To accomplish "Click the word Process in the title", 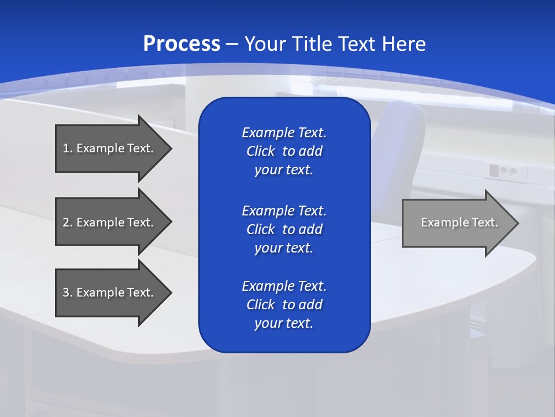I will pos(182,44).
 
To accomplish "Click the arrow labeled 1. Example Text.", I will pos(110,148).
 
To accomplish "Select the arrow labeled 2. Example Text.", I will pos(110,222).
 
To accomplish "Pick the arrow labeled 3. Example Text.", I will pos(110,292).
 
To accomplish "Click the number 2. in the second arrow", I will pos(67,222).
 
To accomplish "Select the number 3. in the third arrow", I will pos(67,292).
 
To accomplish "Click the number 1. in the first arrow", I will pos(67,148).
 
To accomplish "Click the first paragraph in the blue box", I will pos(284,151).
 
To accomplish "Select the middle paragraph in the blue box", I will pos(284,229).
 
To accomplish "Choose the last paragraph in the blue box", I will pos(284,305).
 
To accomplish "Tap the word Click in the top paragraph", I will pos(261,151).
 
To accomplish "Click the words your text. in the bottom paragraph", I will pos(284,323).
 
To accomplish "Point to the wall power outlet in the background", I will pos(502,171).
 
